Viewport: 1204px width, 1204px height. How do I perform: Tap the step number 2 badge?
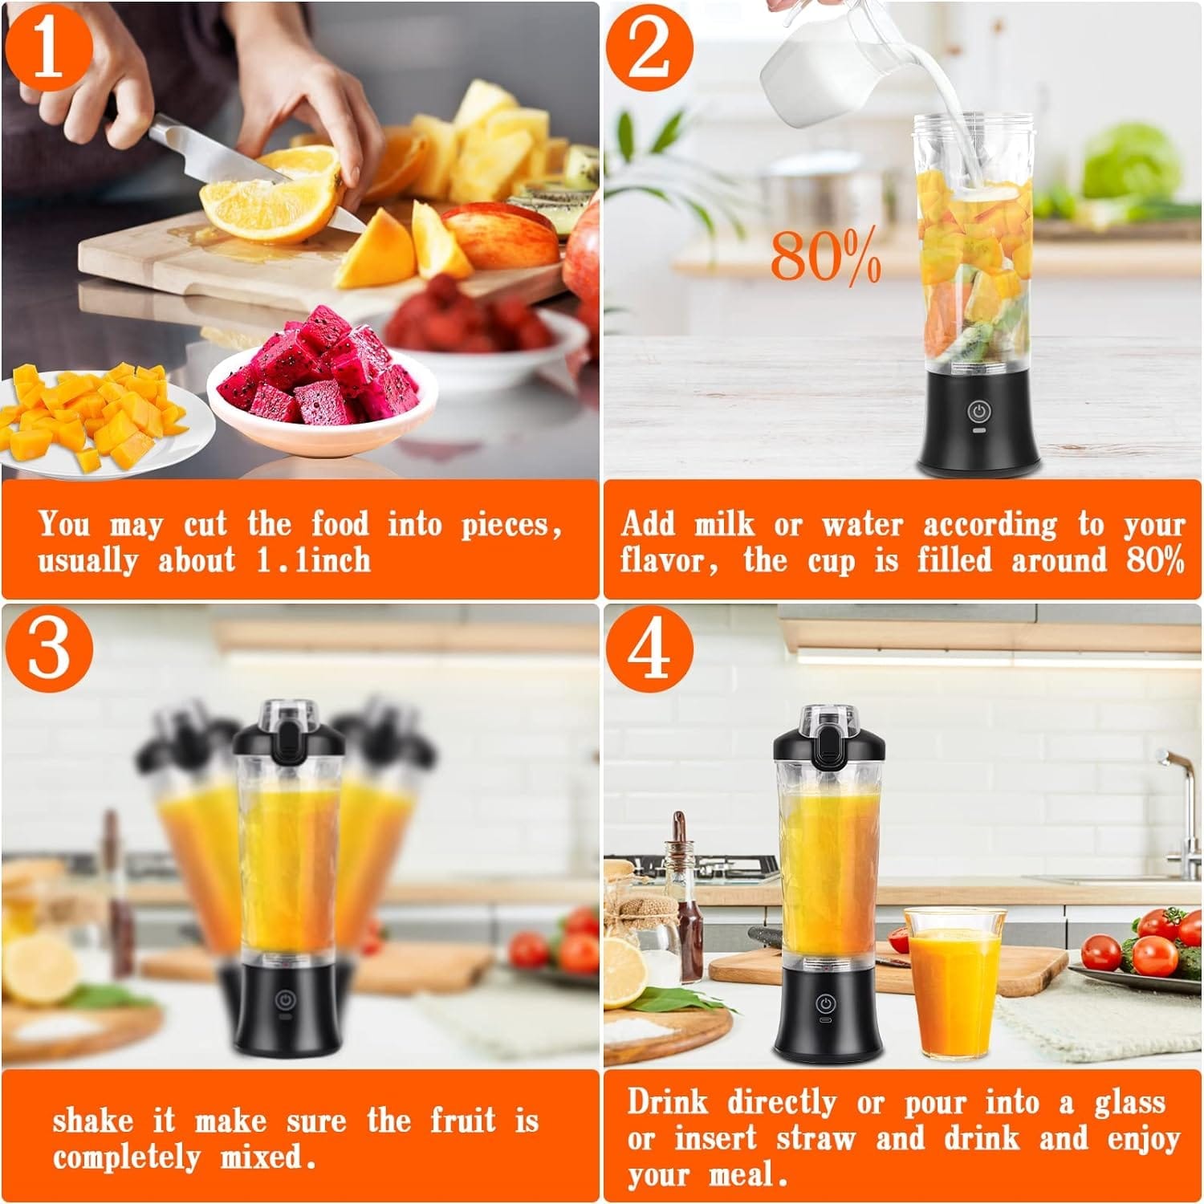tap(649, 47)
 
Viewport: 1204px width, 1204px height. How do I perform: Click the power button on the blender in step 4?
tap(824, 1004)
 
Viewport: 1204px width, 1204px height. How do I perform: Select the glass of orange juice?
tap(955, 982)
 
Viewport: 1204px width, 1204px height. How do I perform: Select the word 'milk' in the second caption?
tap(724, 523)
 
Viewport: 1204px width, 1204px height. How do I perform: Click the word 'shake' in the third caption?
tap(92, 1121)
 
